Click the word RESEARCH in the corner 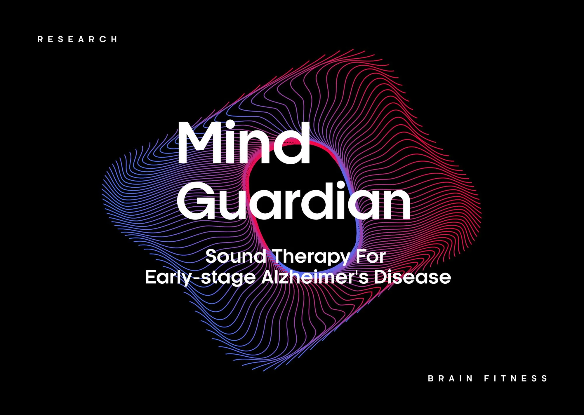pyautogui.click(x=77, y=39)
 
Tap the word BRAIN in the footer pyautogui.click(x=450, y=379)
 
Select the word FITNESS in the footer pyautogui.click(x=516, y=379)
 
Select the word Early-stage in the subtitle pyautogui.click(x=200, y=277)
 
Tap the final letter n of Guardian pyautogui.click(x=397, y=204)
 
